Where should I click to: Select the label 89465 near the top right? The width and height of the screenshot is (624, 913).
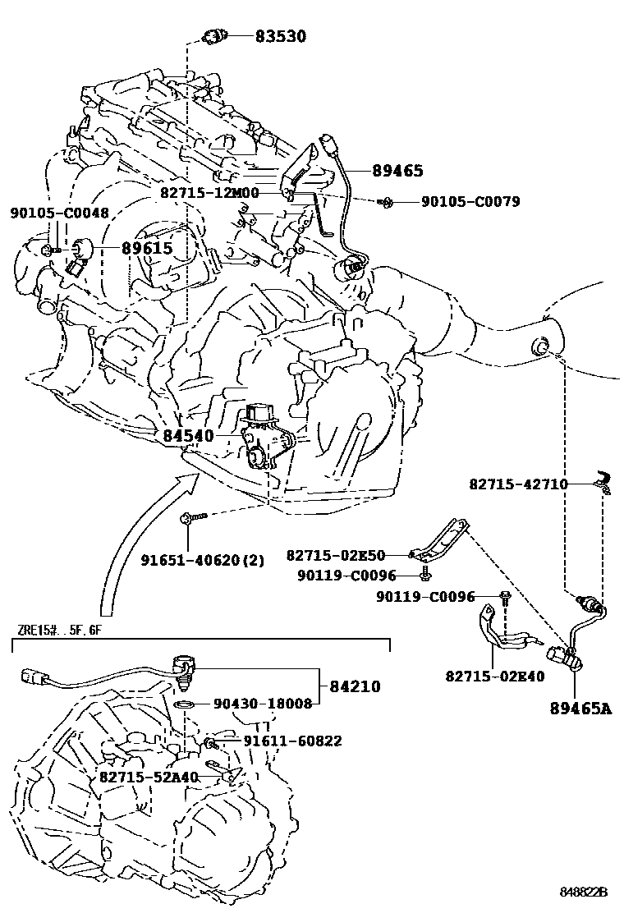click(x=397, y=171)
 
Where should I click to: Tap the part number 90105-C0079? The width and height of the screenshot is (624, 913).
click(x=470, y=201)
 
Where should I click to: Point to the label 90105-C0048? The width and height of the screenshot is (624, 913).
click(x=59, y=213)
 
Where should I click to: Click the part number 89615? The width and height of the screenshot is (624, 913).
click(x=147, y=248)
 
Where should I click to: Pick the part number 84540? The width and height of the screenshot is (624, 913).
click(x=188, y=435)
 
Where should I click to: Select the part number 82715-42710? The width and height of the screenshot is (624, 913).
click(x=518, y=484)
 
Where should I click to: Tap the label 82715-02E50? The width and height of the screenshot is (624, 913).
click(x=347, y=555)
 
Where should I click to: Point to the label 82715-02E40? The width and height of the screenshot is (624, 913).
click(x=495, y=676)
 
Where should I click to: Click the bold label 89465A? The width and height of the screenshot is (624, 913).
click(x=580, y=708)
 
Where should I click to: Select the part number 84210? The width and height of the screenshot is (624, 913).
click(x=356, y=686)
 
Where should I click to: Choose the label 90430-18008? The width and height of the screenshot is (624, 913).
click(x=263, y=704)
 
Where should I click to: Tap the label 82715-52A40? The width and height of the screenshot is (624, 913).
click(x=149, y=777)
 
